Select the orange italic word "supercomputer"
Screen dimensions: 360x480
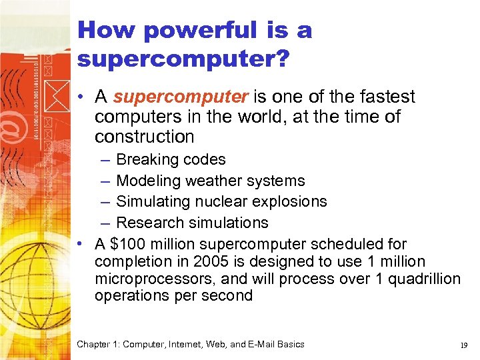(x=181, y=97)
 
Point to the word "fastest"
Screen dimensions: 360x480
(x=385, y=97)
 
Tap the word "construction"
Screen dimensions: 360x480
(x=144, y=137)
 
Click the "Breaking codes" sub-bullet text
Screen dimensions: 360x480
(x=171, y=160)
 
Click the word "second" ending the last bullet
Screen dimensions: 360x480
(x=229, y=296)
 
